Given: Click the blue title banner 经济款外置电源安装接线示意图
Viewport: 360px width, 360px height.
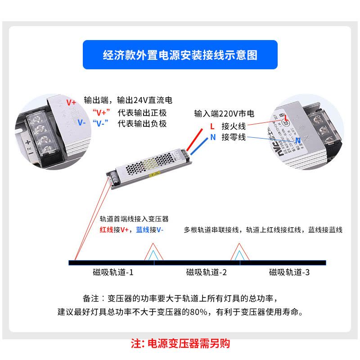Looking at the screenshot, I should [180, 55].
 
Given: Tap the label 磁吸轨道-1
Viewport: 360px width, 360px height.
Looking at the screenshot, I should [113, 272].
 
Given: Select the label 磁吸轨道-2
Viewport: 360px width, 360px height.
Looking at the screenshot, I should [207, 272].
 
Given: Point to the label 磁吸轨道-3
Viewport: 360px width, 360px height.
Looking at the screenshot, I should [289, 272].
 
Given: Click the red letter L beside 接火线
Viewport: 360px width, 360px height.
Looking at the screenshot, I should [212, 126].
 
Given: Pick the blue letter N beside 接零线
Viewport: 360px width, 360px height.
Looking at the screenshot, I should [212, 137].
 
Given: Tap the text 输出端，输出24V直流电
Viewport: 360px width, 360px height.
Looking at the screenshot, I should [128, 100].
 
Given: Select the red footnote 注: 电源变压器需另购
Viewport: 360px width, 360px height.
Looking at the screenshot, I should [180, 343].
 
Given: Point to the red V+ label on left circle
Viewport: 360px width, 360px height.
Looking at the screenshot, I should [71, 103].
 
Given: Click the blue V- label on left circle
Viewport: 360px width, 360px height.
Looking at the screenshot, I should [70, 122].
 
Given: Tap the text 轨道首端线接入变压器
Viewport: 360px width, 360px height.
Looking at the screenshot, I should [134, 219].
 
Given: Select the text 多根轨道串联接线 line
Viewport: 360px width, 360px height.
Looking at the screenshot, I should [263, 230].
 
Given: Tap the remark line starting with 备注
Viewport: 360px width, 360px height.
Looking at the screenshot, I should [183, 298].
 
